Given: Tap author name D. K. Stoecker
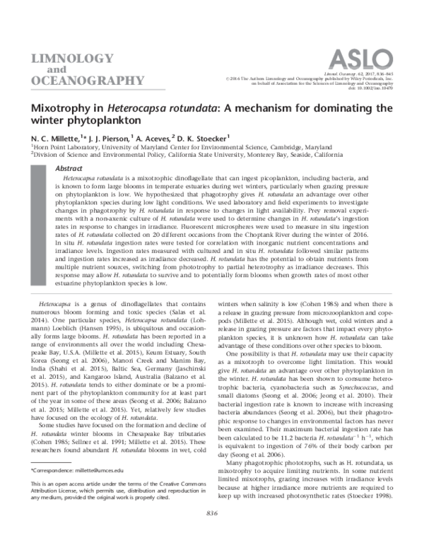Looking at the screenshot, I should point(206,139).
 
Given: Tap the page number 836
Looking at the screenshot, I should point(212,531).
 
